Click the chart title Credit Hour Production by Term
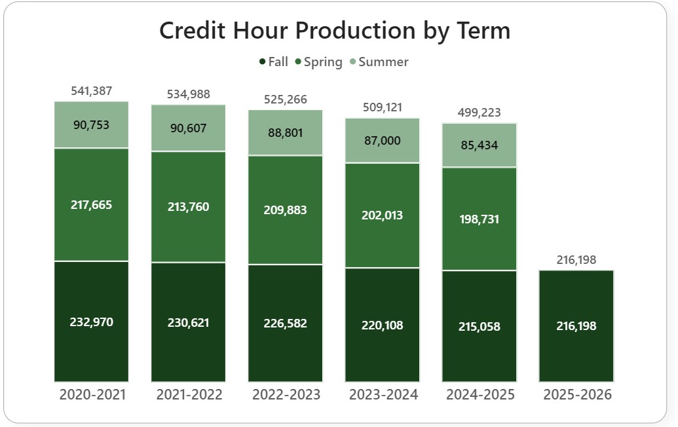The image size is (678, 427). point(335,31)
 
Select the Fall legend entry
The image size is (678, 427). point(273,62)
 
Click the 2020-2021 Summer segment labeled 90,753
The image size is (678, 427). point(91,125)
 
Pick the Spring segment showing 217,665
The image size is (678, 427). point(91,204)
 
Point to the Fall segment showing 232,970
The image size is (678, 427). point(91,322)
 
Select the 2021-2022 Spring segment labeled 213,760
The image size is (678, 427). point(188,207)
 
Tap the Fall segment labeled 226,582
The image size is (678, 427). point(285,323)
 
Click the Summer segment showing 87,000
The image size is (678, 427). point(382,140)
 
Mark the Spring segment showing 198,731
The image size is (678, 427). point(479,219)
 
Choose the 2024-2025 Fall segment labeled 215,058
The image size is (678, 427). point(479,325)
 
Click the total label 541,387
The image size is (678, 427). point(91,91)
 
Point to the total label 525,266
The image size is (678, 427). point(285,100)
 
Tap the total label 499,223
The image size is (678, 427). point(479,113)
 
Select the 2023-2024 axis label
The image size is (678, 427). point(383,395)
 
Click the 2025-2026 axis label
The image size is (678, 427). point(577,395)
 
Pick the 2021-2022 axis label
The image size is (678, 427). point(189,395)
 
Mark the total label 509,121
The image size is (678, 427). point(382,107)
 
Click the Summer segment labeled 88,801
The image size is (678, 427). point(285,132)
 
